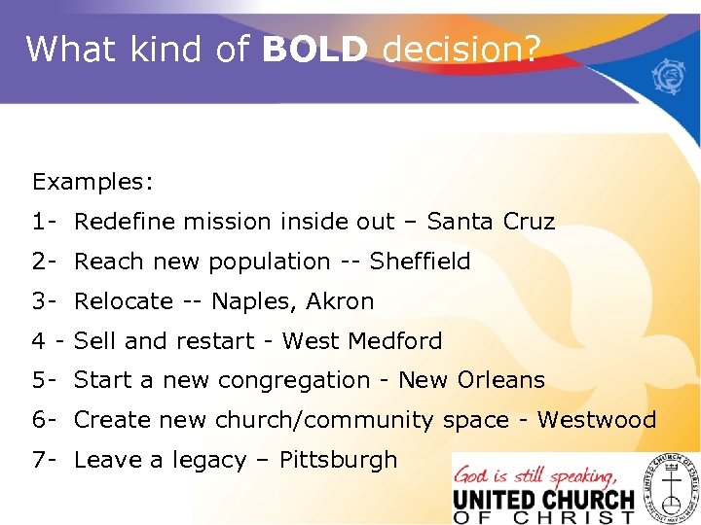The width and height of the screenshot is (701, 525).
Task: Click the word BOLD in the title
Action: coord(314,48)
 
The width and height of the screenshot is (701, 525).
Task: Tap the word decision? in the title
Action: coord(461,48)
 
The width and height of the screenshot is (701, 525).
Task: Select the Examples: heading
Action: coord(93,182)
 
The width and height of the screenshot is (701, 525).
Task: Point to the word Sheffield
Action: coord(420,262)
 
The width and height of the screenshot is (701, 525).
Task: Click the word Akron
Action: coord(340,301)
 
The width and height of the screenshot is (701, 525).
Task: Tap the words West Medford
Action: coord(362,341)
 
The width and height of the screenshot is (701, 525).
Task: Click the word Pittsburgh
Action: coord(338,460)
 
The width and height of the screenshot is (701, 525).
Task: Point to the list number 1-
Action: coord(45,222)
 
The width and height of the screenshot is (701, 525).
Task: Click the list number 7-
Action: coord(45,460)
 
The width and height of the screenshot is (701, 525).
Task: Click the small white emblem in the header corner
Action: coord(671,76)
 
